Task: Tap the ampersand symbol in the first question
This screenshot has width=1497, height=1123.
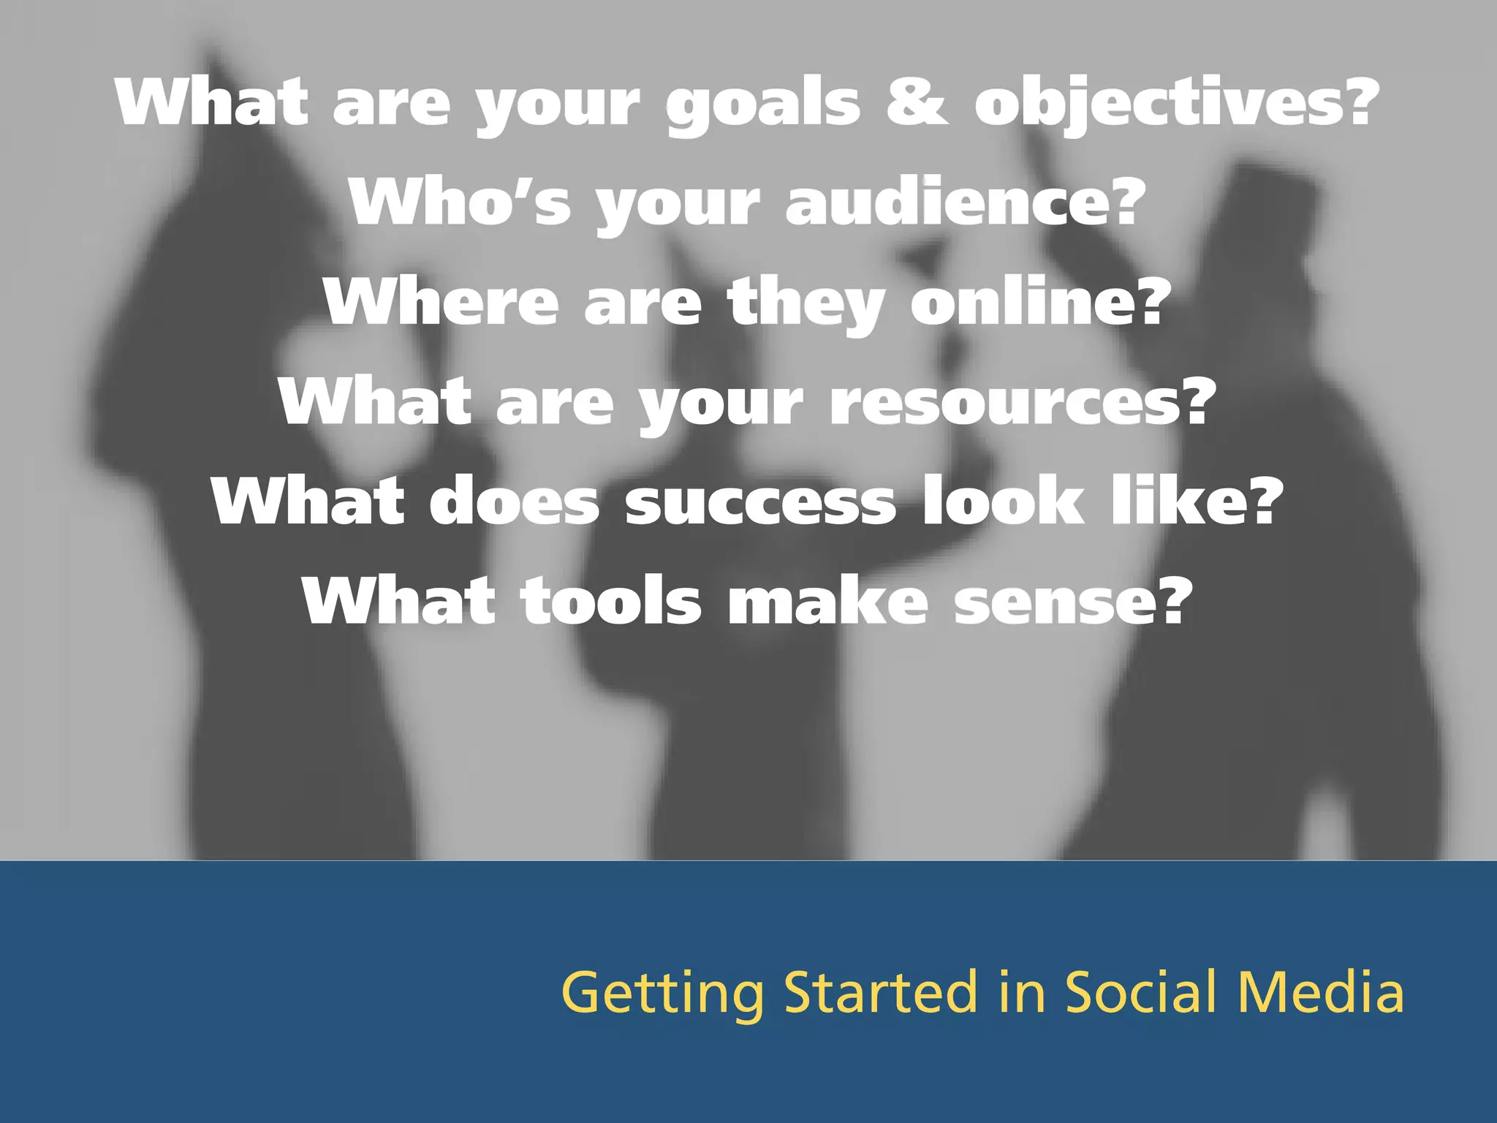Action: [x=917, y=102]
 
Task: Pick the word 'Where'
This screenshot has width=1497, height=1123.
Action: [x=441, y=302]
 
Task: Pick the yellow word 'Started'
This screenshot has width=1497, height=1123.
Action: [x=881, y=993]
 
